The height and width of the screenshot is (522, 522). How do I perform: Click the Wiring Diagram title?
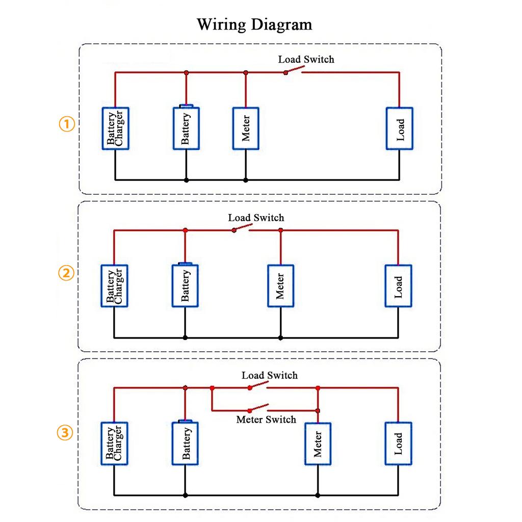254,24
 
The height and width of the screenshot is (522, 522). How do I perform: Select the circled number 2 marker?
66,273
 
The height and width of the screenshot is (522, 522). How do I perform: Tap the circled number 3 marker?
66,433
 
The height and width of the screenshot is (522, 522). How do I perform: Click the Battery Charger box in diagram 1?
115,128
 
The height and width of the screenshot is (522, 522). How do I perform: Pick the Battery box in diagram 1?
186,128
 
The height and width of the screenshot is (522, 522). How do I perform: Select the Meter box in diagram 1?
246,128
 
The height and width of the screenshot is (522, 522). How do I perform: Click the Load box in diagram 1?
399,128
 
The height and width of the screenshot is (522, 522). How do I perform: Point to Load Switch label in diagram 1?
306,60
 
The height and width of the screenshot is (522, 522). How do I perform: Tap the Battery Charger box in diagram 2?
114,286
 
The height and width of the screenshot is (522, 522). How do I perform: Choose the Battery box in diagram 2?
185,285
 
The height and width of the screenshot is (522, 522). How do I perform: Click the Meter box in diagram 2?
280,286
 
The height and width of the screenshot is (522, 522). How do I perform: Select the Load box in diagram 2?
398,286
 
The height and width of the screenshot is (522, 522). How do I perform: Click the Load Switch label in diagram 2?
256,218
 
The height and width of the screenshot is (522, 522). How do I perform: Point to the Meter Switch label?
266,420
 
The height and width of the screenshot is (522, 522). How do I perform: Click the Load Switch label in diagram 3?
269,376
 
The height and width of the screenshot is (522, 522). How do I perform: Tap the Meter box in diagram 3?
318,444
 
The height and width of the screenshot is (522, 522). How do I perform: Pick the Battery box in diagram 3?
185,443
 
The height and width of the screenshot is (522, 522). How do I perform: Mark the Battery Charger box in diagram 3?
114,443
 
